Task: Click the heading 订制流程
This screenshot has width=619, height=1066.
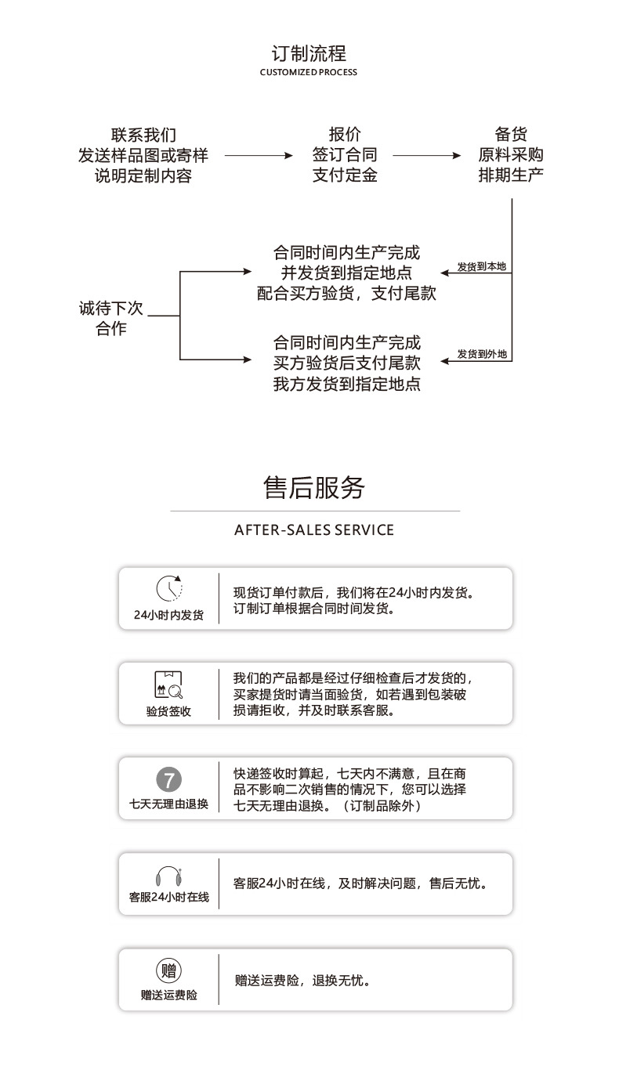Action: click(308, 53)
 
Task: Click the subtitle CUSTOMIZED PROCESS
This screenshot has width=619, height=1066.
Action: click(308, 72)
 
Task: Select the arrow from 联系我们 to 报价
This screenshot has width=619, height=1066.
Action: click(258, 156)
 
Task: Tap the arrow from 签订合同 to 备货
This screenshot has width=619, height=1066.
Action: click(426, 156)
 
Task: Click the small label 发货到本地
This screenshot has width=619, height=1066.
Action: click(482, 266)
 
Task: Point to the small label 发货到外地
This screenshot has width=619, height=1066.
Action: click(482, 354)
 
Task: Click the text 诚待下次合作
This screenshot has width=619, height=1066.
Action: click(110, 318)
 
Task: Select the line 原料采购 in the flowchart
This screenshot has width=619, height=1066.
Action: click(510, 154)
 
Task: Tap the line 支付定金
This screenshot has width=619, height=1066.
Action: click(345, 175)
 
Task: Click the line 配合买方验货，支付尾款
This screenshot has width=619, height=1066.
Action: click(346, 294)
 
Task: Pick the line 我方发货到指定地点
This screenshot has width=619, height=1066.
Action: click(346, 385)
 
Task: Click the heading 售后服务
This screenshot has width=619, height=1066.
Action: click(314, 487)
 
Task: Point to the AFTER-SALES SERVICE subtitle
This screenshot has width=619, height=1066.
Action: click(314, 530)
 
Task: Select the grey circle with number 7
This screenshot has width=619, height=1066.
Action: click(168, 779)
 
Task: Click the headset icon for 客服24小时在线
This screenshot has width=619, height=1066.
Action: click(168, 875)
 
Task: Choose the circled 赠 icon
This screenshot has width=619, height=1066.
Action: click(168, 971)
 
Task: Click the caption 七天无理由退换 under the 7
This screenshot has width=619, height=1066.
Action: click(168, 804)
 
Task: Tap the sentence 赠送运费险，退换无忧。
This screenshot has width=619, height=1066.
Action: click(302, 980)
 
